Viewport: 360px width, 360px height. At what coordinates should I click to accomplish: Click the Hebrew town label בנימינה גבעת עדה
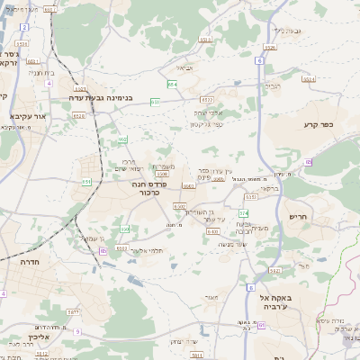(x=107, y=96)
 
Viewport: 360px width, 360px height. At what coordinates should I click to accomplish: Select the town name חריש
(x=298, y=217)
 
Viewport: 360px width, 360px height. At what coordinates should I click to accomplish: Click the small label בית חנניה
(x=42, y=72)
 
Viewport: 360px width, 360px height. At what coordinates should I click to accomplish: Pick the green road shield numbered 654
(x=171, y=84)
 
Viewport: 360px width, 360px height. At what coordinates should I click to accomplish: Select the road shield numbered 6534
(x=308, y=79)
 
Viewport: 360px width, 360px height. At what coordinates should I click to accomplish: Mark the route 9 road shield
(x=77, y=331)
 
